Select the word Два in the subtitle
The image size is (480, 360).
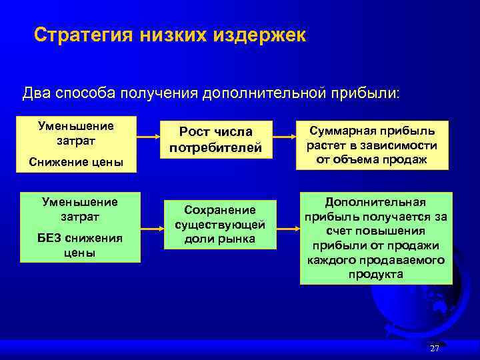pyautogui.click(x=36, y=92)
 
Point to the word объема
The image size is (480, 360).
pyautogui.click(x=375, y=159)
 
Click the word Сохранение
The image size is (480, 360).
pyautogui.click(x=220, y=210)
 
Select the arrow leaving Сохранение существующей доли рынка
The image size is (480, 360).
pyautogui.click(x=288, y=228)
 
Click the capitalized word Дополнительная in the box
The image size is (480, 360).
pyautogui.click(x=375, y=201)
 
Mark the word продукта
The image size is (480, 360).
pyautogui.click(x=375, y=274)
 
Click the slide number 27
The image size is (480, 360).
pyautogui.click(x=435, y=349)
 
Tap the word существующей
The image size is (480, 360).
pyautogui.click(x=220, y=225)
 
